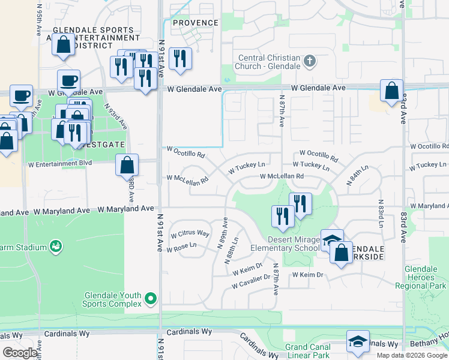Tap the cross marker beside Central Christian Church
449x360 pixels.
click(x=310, y=61)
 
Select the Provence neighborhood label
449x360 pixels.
click(x=196, y=23)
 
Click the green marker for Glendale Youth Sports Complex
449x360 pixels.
click(x=151, y=298)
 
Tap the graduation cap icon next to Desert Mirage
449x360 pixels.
click(x=332, y=241)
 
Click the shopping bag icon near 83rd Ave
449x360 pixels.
click(x=391, y=91)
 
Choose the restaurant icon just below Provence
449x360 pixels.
click(x=179, y=59)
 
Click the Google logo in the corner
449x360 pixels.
click(x=20, y=353)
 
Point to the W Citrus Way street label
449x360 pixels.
click(x=190, y=233)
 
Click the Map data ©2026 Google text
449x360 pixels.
click(x=411, y=355)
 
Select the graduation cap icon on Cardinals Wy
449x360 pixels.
click(x=358, y=341)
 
